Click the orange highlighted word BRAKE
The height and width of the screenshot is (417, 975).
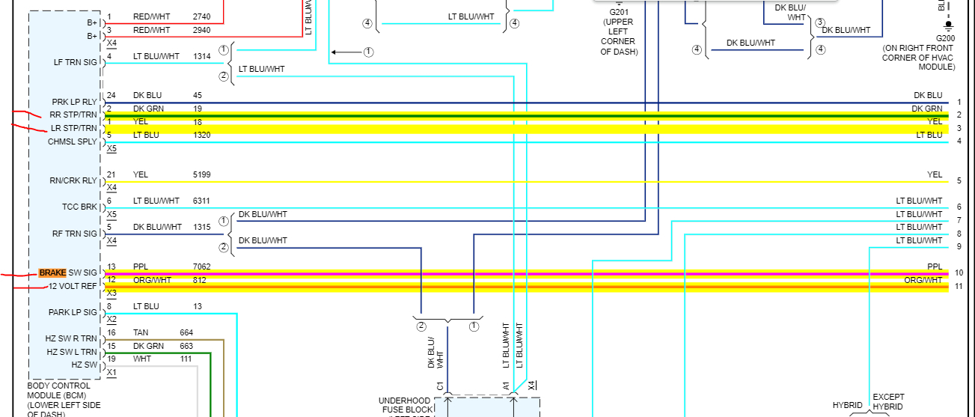tap(53, 273)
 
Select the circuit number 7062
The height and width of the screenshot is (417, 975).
tap(202, 267)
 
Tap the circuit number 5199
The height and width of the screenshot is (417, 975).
tap(202, 174)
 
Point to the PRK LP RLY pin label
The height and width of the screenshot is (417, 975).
tap(74, 102)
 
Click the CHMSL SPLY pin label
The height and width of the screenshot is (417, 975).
tap(73, 141)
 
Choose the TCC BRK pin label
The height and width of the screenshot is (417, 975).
tap(79, 207)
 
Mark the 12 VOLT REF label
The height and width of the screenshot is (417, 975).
tap(73, 286)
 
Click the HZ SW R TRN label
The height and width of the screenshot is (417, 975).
tap(71, 338)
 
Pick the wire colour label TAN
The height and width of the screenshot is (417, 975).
tap(141, 332)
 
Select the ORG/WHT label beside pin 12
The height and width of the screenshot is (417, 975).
tap(152, 280)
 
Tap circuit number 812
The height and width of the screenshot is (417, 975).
tap(199, 280)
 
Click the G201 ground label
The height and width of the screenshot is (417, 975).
tap(619, 13)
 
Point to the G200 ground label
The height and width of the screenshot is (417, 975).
tap(945, 37)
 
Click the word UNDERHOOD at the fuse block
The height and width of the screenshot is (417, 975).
tap(404, 401)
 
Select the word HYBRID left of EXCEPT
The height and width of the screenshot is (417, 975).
tap(848, 406)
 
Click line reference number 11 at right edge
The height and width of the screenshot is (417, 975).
tap(959, 286)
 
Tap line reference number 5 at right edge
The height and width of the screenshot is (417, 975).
tap(959, 180)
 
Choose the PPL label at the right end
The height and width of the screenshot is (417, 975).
tap(935, 267)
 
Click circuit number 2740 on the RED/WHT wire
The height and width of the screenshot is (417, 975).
tap(202, 16)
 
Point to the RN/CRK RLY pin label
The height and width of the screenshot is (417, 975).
tap(73, 180)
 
